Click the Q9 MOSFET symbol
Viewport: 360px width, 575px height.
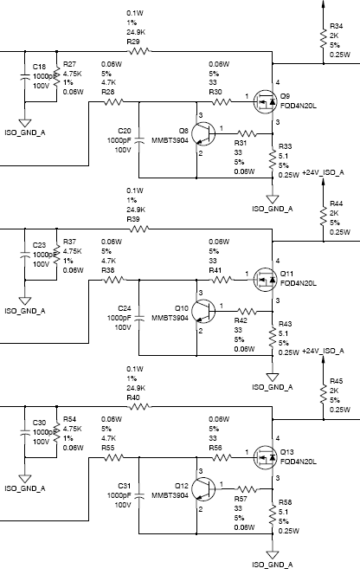pos(265,102)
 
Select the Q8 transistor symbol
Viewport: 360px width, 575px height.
pos(203,134)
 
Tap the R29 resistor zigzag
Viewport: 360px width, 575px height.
pos(139,51)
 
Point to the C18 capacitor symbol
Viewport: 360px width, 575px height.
pos(25,76)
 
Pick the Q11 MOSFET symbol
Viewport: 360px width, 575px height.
pos(265,280)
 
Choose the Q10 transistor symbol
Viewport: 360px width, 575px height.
pos(203,312)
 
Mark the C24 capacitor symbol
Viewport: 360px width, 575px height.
pos(139,318)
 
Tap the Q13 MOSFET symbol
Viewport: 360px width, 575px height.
pos(265,457)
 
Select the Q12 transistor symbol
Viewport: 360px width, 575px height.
pos(203,488)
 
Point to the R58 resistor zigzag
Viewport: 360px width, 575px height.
pos(273,515)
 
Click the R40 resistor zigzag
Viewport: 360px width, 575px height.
pos(139,406)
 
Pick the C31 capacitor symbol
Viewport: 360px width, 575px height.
pos(139,495)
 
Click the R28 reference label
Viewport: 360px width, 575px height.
pos(108,92)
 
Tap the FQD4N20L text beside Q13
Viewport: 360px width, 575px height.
pos(299,462)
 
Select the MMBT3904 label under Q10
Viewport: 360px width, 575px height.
pos(170,318)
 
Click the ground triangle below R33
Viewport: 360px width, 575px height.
pos(273,199)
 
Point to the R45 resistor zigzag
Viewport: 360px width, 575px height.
pos(324,393)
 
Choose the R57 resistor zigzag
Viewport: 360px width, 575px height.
pos(247,488)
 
